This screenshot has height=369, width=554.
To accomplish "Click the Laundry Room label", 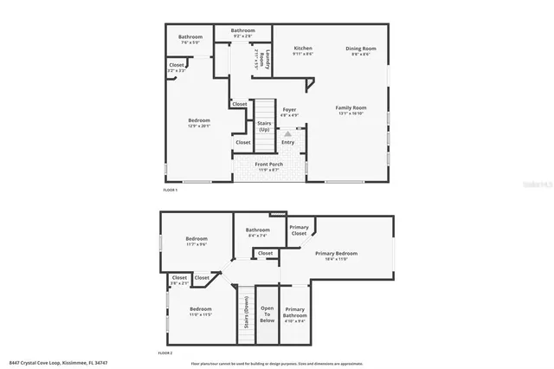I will (268, 60).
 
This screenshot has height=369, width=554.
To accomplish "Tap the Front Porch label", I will (268, 165).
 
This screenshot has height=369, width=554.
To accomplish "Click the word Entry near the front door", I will (288, 142).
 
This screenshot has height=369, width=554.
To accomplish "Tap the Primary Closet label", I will (299, 230).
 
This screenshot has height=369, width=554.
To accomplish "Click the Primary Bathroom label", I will (295, 314).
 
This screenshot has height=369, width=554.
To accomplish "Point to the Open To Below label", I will (267, 314).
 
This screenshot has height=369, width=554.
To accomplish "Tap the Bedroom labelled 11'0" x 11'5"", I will (201, 311).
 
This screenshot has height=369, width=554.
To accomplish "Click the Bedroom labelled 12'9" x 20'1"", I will (200, 122).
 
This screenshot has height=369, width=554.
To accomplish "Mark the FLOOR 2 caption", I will (165, 353).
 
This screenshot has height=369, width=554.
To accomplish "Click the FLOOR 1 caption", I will (171, 190).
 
